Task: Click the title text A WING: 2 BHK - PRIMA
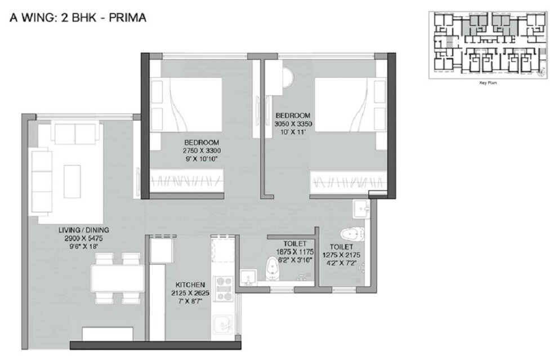tap(78, 18)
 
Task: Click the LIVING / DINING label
tap(84, 230)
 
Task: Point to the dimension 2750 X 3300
tap(201, 151)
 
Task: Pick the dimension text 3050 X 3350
tap(293, 124)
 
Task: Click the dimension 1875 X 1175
tap(294, 252)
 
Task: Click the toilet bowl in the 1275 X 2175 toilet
tap(352, 234)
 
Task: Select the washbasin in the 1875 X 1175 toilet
tap(248, 277)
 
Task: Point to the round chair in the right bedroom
tap(286, 77)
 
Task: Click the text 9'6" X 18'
tap(84, 246)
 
